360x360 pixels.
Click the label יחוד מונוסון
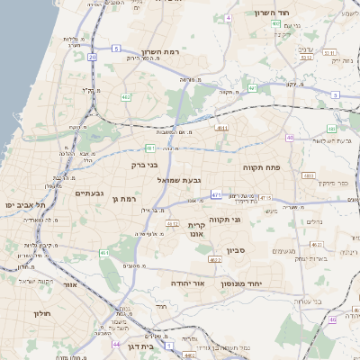(263, 283)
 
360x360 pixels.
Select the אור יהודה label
(188, 283)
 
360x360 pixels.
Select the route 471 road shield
(216, 193)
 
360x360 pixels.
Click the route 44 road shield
(116, 344)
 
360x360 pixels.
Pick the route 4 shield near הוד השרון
(229, 17)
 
